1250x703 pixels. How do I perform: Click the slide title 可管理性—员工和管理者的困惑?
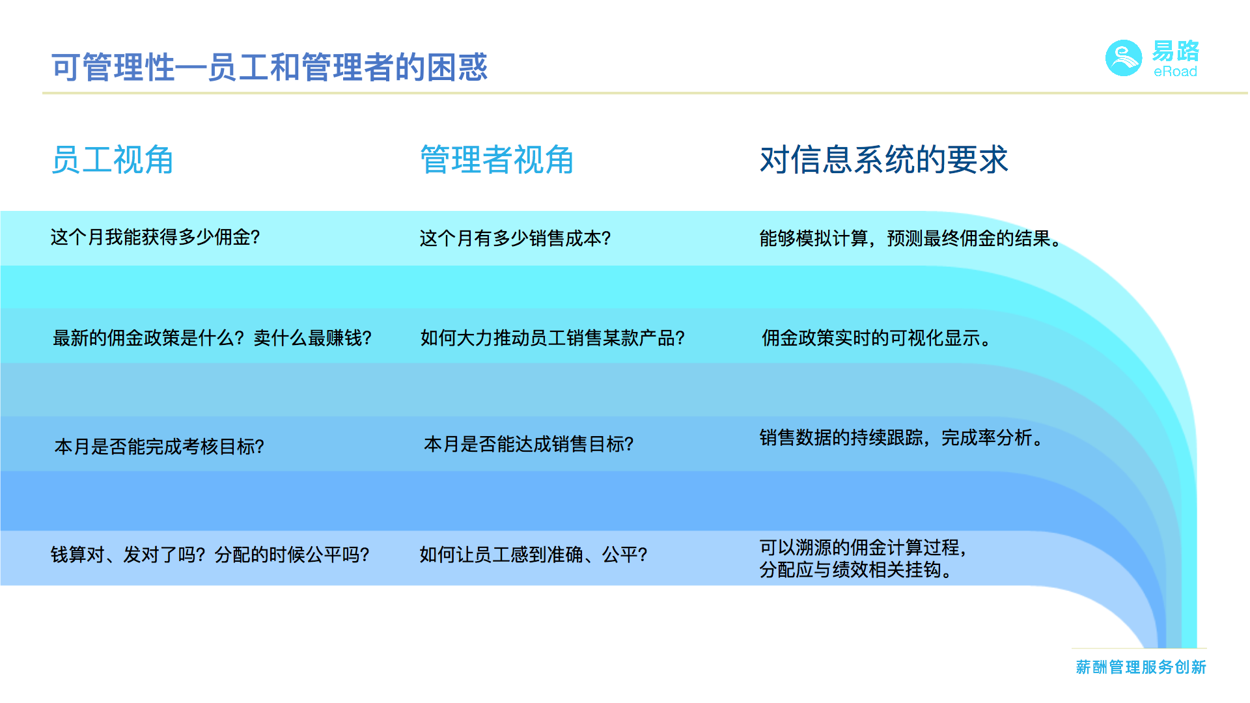click(270, 67)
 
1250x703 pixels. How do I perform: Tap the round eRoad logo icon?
click(1124, 59)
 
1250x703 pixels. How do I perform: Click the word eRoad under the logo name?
click(1175, 72)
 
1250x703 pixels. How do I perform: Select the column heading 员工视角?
click(112, 159)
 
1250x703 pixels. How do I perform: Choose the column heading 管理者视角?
click(497, 159)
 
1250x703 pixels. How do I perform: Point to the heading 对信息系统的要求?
click(884, 159)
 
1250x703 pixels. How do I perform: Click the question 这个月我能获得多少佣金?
click(156, 237)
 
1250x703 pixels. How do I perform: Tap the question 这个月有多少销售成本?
click(516, 238)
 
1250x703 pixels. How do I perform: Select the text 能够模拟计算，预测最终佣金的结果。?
click(911, 238)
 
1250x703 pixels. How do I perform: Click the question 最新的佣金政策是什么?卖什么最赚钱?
click(212, 338)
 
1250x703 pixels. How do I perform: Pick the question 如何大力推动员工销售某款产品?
click(553, 338)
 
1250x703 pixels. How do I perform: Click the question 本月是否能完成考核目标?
click(160, 447)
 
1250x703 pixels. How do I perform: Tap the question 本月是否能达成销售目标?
click(529, 444)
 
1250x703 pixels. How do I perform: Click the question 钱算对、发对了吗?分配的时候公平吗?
click(210, 555)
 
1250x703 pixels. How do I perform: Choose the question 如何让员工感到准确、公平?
click(534, 555)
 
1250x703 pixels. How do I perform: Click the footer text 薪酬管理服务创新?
click(1141, 667)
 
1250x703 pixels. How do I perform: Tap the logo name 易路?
click(1176, 51)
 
